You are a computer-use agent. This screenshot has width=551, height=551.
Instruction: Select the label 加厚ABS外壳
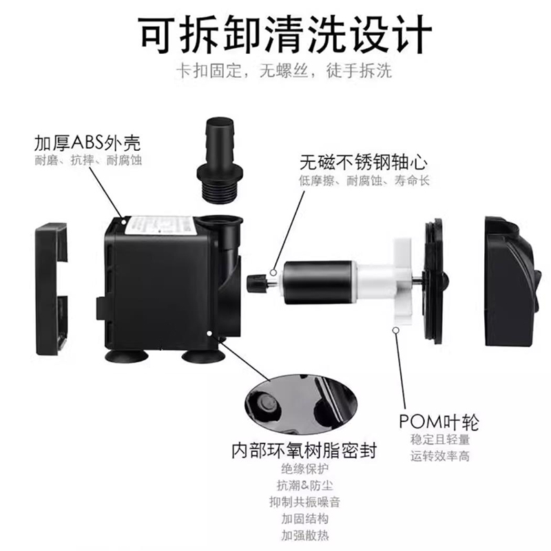click(x=87, y=143)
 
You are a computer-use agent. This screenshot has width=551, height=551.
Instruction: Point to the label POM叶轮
click(x=439, y=421)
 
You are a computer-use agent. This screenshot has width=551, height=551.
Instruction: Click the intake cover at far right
click(x=509, y=282)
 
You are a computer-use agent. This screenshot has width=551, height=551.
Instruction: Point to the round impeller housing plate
click(x=434, y=282)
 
